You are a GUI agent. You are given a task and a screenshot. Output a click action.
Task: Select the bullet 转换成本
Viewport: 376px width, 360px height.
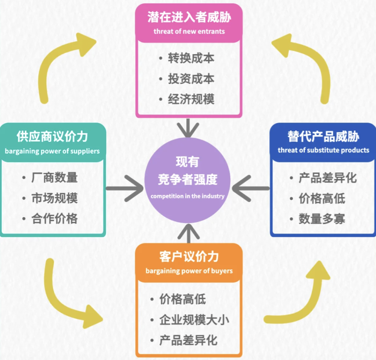(191, 58)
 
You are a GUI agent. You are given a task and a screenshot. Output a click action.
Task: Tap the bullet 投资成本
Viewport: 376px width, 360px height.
(191, 79)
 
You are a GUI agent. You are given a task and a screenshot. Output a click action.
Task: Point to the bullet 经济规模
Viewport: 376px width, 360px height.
(191, 100)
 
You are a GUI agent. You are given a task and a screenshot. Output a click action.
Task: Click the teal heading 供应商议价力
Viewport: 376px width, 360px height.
(52, 137)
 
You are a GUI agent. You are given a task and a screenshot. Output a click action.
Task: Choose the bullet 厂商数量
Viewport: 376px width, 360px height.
(54, 177)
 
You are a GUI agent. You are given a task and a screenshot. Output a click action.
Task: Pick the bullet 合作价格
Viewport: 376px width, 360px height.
(54, 219)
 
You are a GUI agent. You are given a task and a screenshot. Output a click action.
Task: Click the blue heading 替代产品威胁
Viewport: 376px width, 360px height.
(323, 137)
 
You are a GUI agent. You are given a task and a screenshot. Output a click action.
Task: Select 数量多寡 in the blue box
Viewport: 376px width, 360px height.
(322, 219)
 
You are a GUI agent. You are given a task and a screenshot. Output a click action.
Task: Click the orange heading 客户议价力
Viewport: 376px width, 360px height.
(189, 257)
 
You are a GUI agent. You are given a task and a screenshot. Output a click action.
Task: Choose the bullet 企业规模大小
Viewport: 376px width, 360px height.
(194, 320)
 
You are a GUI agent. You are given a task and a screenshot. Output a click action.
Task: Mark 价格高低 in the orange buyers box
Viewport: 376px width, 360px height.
(182, 299)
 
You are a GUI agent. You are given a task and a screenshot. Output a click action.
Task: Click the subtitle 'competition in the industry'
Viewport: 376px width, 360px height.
(187, 196)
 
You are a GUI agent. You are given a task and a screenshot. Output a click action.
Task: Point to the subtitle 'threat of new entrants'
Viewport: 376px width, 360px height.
(189, 31)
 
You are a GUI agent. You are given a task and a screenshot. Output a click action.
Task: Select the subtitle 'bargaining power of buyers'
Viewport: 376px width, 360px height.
(189, 271)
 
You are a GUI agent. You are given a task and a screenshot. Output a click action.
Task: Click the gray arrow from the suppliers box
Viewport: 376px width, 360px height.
(124, 188)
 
